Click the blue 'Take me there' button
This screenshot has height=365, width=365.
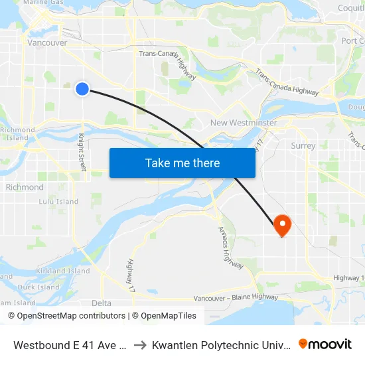click(x=182, y=163)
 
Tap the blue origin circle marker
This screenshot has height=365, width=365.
click(x=82, y=88)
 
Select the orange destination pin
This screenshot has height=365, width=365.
click(x=282, y=226)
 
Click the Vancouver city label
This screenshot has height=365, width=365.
click(x=47, y=42)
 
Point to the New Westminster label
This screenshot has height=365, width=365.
click(x=244, y=123)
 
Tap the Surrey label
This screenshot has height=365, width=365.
click(x=303, y=145)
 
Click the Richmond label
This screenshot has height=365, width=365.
click(x=25, y=187)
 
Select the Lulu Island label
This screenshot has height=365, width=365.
click(x=58, y=202)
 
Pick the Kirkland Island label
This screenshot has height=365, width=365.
click(x=63, y=271)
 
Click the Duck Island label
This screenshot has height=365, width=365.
click(x=38, y=287)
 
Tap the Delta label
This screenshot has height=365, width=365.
click(x=102, y=303)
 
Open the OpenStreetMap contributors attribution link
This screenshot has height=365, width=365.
click(x=66, y=316)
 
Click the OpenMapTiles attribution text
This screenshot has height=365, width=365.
click(x=167, y=316)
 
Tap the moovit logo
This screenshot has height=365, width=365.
click(x=325, y=344)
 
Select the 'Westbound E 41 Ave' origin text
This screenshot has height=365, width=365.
click(x=70, y=345)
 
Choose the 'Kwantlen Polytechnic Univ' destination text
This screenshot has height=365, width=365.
click(x=221, y=345)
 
